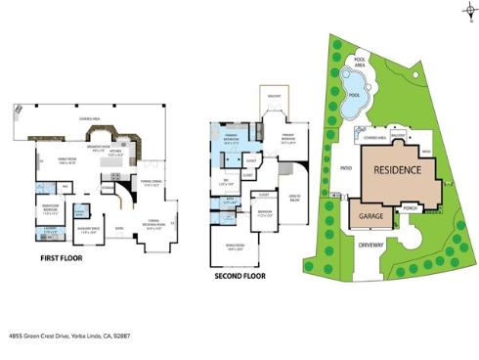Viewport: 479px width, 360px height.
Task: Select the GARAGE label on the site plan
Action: click(x=370, y=216)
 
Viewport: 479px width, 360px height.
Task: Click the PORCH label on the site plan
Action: click(x=411, y=207)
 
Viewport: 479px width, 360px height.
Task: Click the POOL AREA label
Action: click(x=360, y=61)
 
